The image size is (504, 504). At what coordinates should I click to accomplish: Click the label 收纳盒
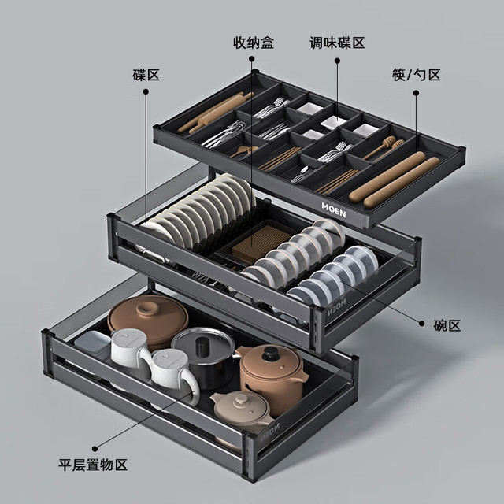pyautogui.click(x=254, y=43)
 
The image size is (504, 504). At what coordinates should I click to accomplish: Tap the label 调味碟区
pyautogui.click(x=337, y=43)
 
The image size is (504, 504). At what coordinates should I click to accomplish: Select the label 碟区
pyautogui.click(x=146, y=75)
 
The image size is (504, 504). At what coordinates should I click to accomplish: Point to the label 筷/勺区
pyautogui.click(x=417, y=75)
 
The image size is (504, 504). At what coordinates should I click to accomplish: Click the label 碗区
pyautogui.click(x=447, y=325)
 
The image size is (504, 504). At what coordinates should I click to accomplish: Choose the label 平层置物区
pyautogui.click(x=93, y=465)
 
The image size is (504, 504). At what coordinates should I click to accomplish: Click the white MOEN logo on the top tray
pyautogui.click(x=334, y=209)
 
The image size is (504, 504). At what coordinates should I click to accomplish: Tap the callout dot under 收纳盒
pyautogui.click(x=252, y=59)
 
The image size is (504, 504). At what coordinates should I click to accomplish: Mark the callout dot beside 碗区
pyautogui.click(x=422, y=324)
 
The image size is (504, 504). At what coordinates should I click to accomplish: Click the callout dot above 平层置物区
pyautogui.click(x=94, y=448)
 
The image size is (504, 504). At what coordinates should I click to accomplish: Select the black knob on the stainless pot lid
pyautogui.click(x=202, y=346)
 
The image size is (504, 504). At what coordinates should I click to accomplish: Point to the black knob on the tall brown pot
pyautogui.click(x=271, y=354)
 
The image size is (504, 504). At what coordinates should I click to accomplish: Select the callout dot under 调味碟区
pyautogui.click(x=337, y=61)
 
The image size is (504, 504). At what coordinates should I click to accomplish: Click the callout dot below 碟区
pyautogui.click(x=146, y=91)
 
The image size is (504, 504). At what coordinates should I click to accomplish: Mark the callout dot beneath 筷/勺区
pyautogui.click(x=417, y=93)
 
